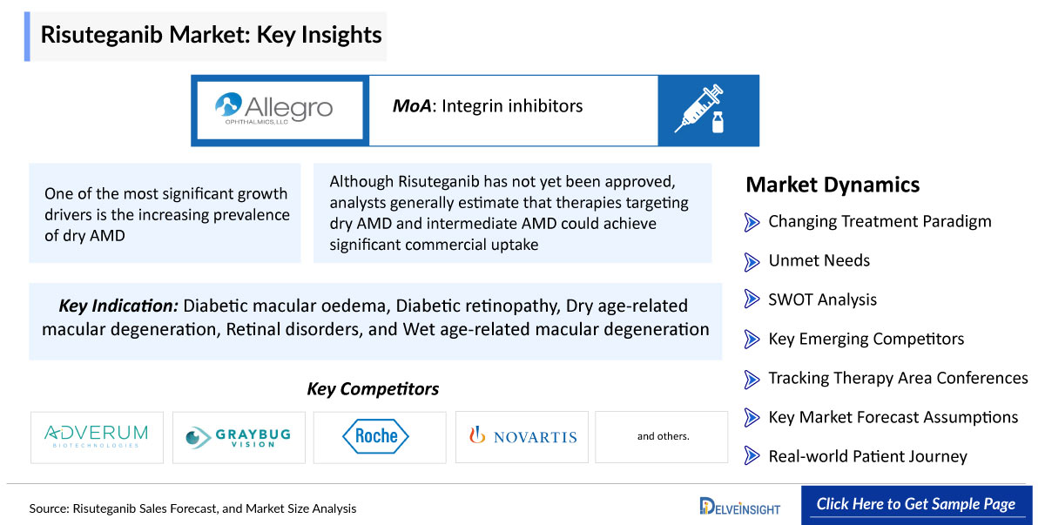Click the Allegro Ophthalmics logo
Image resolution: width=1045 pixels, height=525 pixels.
(x=273, y=109)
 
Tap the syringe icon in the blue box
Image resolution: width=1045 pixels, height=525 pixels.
(x=698, y=109)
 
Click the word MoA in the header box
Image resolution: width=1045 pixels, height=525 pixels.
(x=411, y=106)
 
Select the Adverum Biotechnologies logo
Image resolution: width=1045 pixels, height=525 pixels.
(x=97, y=436)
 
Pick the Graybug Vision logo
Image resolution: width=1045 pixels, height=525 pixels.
(x=239, y=437)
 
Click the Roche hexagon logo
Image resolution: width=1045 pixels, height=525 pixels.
(x=375, y=436)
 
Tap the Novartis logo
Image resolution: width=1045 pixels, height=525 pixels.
(x=522, y=436)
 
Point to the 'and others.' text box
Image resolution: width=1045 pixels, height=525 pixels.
(x=662, y=437)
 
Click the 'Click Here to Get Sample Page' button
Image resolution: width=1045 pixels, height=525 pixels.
(x=916, y=504)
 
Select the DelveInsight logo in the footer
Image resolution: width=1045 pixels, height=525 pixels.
(x=739, y=507)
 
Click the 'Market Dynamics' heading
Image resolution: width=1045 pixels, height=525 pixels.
(x=833, y=185)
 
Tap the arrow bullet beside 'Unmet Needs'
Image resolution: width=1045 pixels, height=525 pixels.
(x=752, y=261)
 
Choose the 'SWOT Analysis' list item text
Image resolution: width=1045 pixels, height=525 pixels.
(x=822, y=300)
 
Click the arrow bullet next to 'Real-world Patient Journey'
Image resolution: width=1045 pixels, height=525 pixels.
(x=752, y=455)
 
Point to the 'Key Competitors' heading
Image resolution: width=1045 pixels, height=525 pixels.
(x=373, y=389)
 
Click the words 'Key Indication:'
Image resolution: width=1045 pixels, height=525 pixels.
(x=118, y=306)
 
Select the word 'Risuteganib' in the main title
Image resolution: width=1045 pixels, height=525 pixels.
(x=101, y=35)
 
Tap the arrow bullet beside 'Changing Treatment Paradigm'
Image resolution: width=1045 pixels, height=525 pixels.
(x=752, y=222)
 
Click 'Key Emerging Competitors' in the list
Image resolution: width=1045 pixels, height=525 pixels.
(x=866, y=339)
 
